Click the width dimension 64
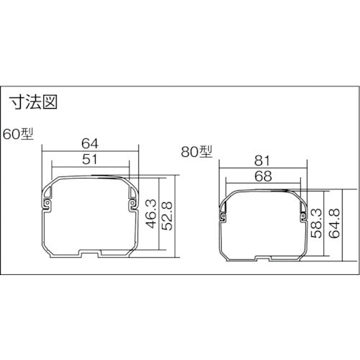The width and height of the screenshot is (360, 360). (90, 143)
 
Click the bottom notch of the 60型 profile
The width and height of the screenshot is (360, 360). (90, 254)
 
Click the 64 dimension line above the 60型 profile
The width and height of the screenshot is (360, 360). (65, 150)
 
